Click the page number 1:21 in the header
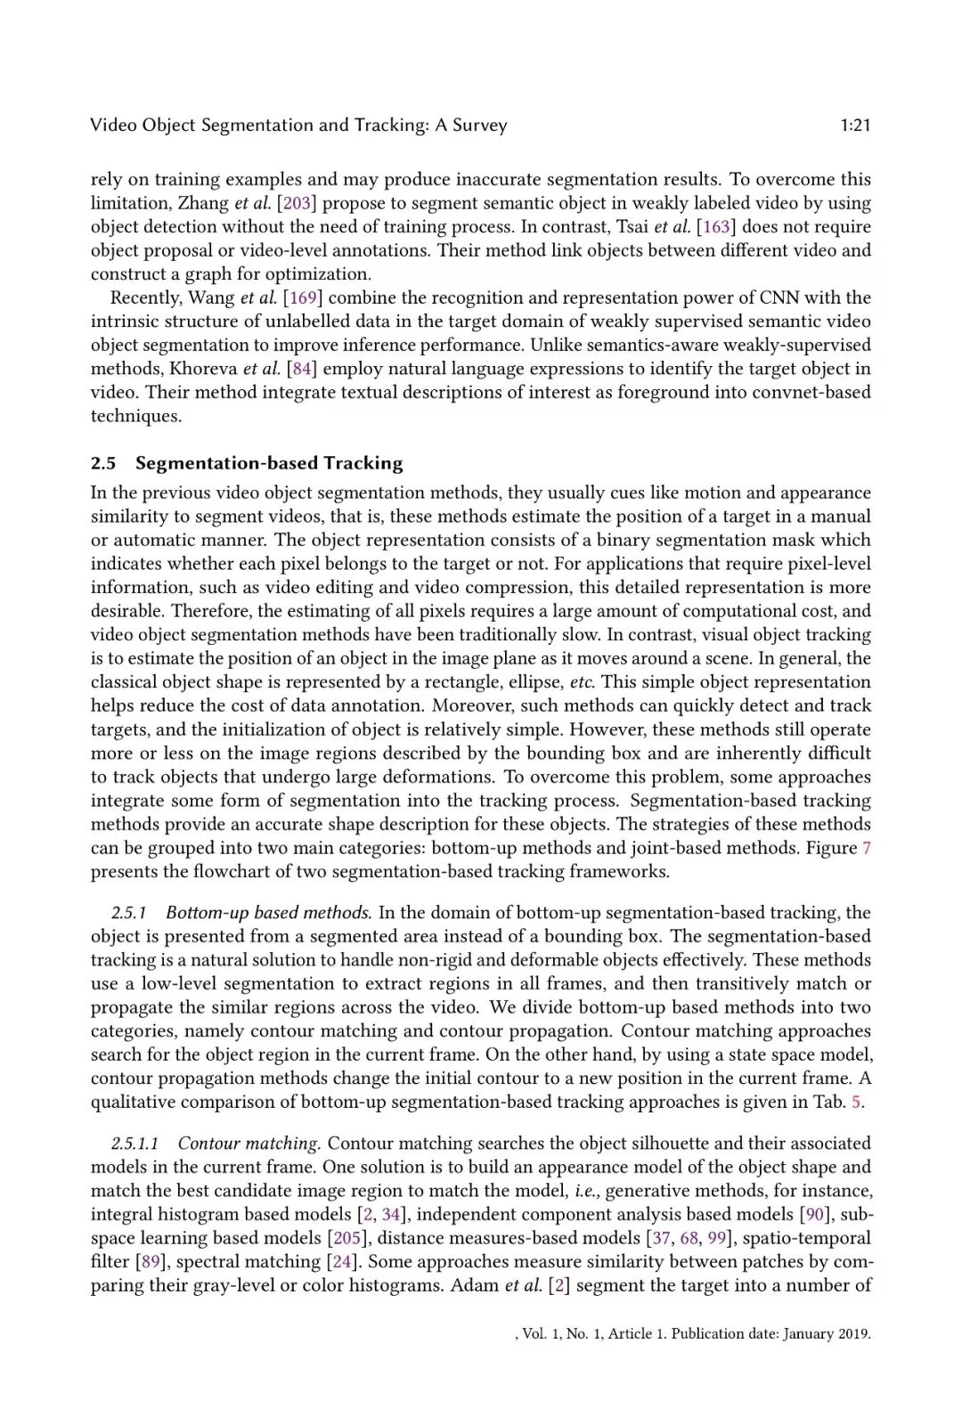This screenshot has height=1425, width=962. (855, 126)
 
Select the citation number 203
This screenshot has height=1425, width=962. (297, 203)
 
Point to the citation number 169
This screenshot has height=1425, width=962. (303, 297)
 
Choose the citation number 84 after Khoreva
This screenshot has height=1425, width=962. (302, 369)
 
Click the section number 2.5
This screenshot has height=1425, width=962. (103, 463)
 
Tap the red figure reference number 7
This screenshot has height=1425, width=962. (866, 848)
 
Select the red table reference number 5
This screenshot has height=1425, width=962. (856, 1102)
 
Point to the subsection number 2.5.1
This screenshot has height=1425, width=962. (128, 913)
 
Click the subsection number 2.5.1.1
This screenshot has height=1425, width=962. (135, 1144)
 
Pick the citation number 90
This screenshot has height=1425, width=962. (815, 1214)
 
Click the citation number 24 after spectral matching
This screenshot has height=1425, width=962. (341, 1262)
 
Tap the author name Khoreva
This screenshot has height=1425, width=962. (203, 369)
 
